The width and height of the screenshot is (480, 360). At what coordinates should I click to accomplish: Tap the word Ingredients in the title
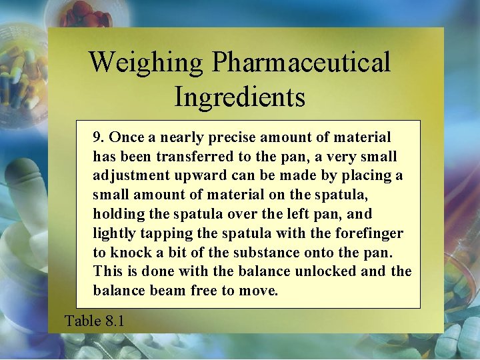coord(239,97)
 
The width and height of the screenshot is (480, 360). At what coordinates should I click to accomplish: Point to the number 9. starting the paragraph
coord(99,137)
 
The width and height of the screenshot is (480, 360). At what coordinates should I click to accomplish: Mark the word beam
coord(169,291)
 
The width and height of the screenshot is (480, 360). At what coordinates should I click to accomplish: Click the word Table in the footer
coord(83,321)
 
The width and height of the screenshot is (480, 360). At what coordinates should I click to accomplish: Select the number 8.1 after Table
coord(115,321)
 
